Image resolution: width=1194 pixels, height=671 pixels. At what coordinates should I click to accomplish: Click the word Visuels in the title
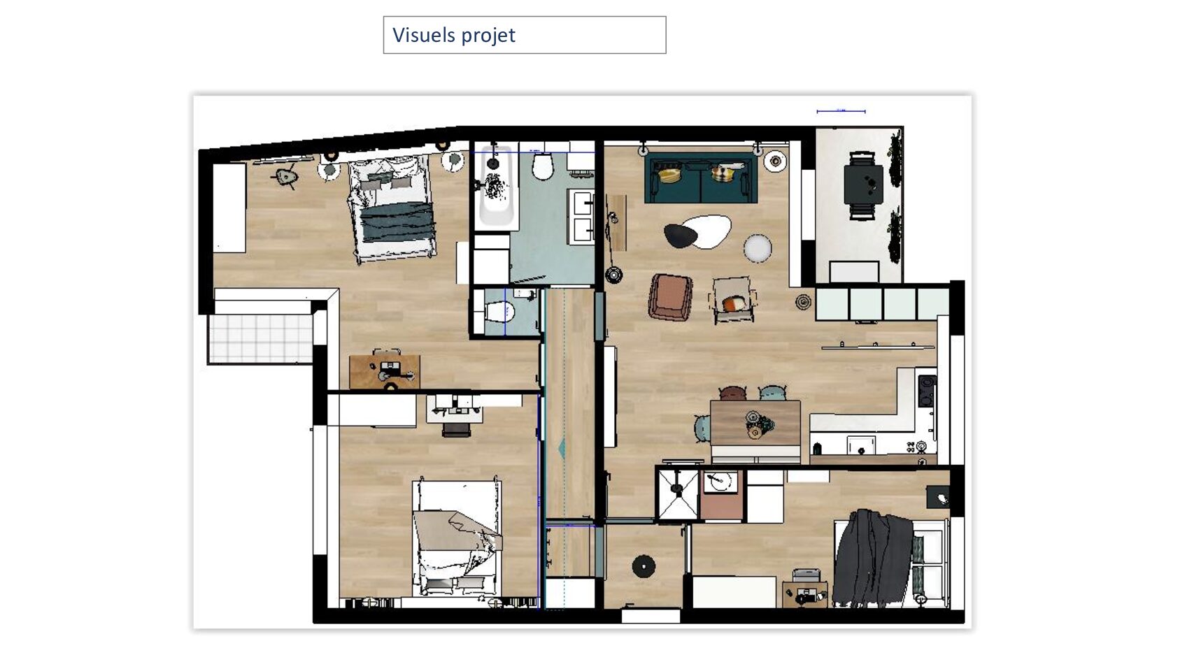(x=424, y=35)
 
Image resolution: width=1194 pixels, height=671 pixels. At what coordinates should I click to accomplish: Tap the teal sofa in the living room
(x=701, y=178)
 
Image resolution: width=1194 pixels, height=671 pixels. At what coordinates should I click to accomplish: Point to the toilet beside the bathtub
(x=543, y=166)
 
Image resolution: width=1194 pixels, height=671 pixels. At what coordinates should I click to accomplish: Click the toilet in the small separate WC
(x=499, y=312)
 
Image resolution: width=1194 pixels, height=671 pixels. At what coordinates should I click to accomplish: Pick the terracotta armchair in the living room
(x=670, y=297)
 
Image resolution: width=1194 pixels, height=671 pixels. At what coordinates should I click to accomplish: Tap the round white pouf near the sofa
(x=758, y=248)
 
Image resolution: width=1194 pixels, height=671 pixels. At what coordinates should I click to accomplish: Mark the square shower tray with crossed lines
(x=678, y=494)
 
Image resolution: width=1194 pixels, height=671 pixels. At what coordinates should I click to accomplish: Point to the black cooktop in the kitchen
(x=927, y=391)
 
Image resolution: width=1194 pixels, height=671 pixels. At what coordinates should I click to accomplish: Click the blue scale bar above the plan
(x=841, y=111)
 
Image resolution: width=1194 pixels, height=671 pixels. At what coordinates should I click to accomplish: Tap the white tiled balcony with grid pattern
(x=260, y=339)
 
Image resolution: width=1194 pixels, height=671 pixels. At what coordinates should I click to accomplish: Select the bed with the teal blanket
(x=392, y=210)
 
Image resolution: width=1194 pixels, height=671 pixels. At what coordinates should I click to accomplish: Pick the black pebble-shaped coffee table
(x=681, y=235)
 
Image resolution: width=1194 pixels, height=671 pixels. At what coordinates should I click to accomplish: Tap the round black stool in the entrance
(x=643, y=566)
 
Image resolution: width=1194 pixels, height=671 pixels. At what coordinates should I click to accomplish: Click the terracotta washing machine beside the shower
(x=720, y=496)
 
